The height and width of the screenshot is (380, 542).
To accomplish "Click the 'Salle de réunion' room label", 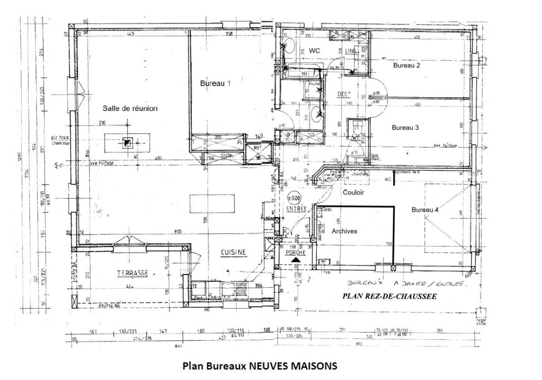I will [x=130, y=108].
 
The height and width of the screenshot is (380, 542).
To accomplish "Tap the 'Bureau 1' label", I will [x=215, y=83].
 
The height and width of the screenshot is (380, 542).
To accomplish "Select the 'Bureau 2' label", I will [x=406, y=66].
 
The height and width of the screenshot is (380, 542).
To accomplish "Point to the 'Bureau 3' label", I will [x=405, y=127].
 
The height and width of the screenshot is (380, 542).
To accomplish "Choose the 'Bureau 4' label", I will [x=425, y=210].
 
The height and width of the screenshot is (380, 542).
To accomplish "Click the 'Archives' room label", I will [x=344, y=231].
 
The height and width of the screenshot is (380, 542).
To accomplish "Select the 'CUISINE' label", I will [x=233, y=253].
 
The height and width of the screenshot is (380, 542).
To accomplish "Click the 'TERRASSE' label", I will [x=133, y=273].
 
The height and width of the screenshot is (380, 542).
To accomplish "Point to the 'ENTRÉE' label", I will [x=296, y=208].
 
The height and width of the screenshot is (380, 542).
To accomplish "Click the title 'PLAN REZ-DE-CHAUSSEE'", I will [x=389, y=296].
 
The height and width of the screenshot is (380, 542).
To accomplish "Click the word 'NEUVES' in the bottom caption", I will [x=267, y=366].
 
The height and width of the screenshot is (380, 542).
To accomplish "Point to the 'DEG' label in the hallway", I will [x=343, y=94].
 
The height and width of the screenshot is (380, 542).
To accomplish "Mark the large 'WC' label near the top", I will [x=314, y=51].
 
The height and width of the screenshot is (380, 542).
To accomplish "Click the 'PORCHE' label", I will [x=296, y=253].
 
